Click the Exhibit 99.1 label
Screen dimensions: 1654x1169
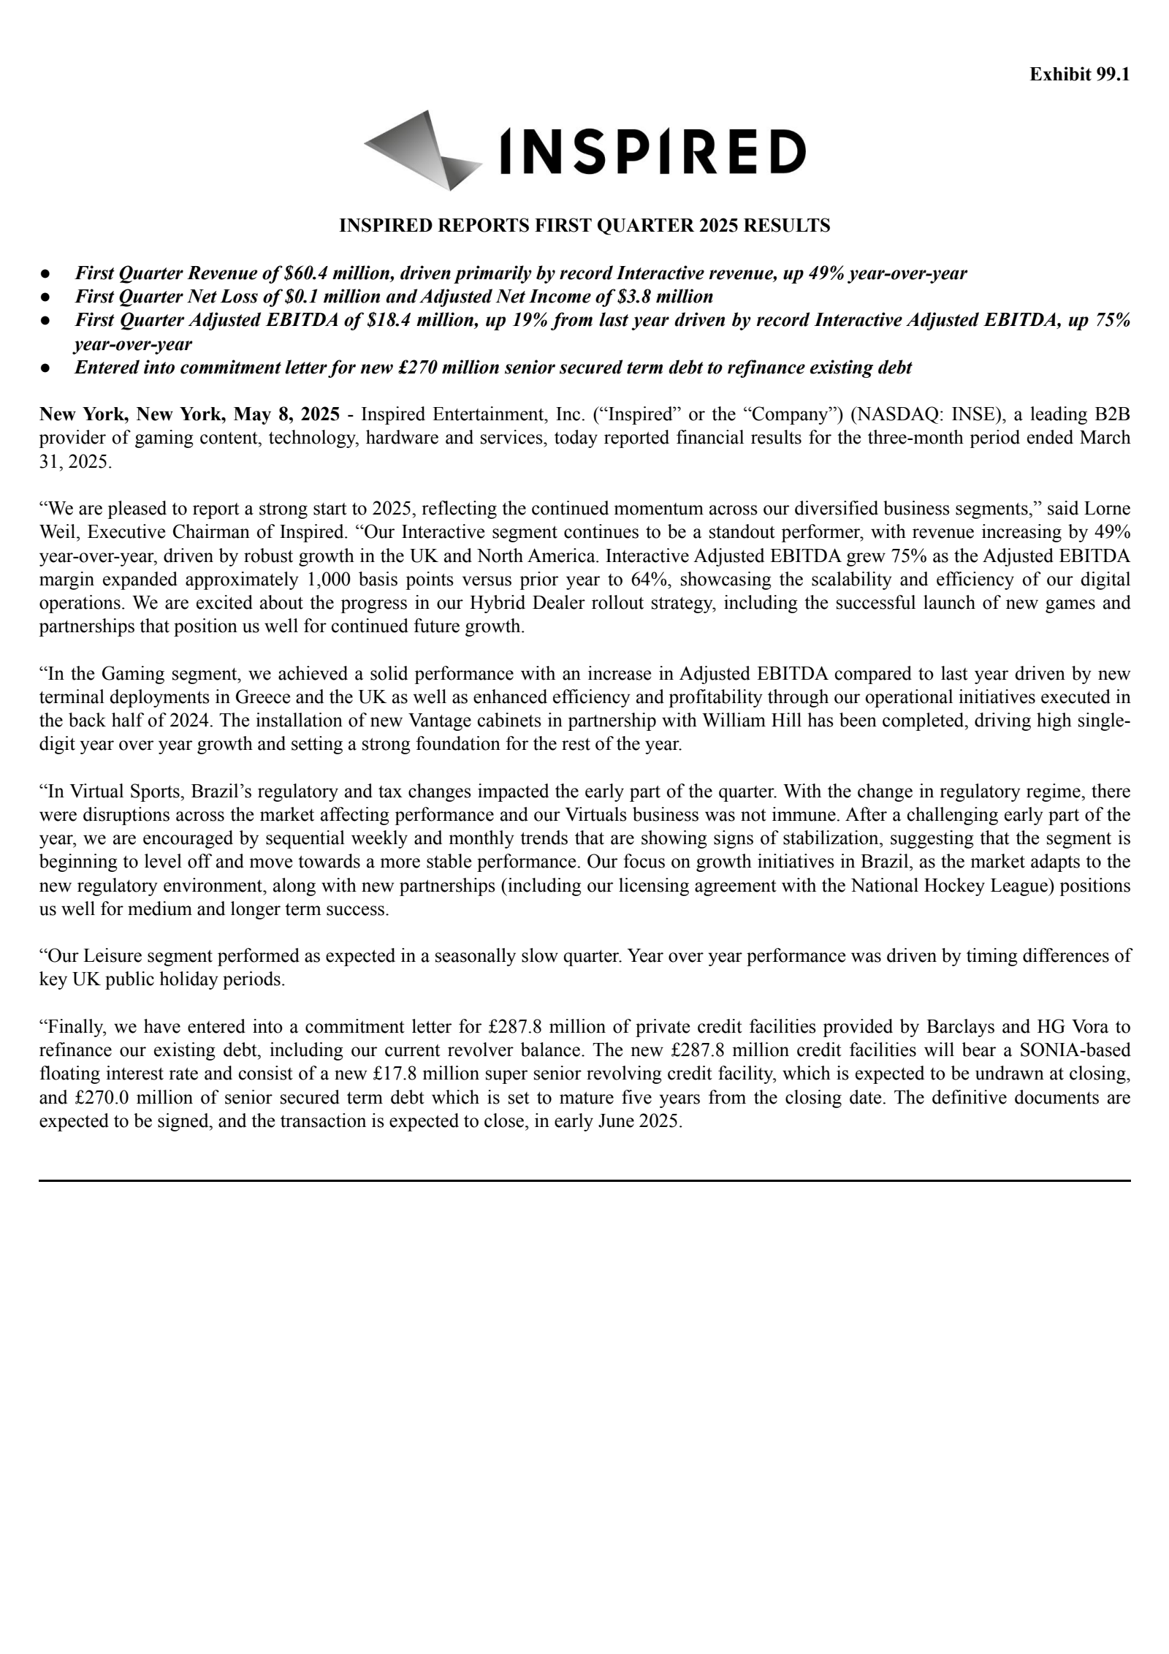(x=1079, y=75)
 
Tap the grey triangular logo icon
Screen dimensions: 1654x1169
(x=422, y=151)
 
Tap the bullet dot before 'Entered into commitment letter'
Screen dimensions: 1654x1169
(x=45, y=368)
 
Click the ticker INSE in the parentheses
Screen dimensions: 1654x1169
(x=975, y=414)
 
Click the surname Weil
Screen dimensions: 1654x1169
(x=56, y=532)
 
